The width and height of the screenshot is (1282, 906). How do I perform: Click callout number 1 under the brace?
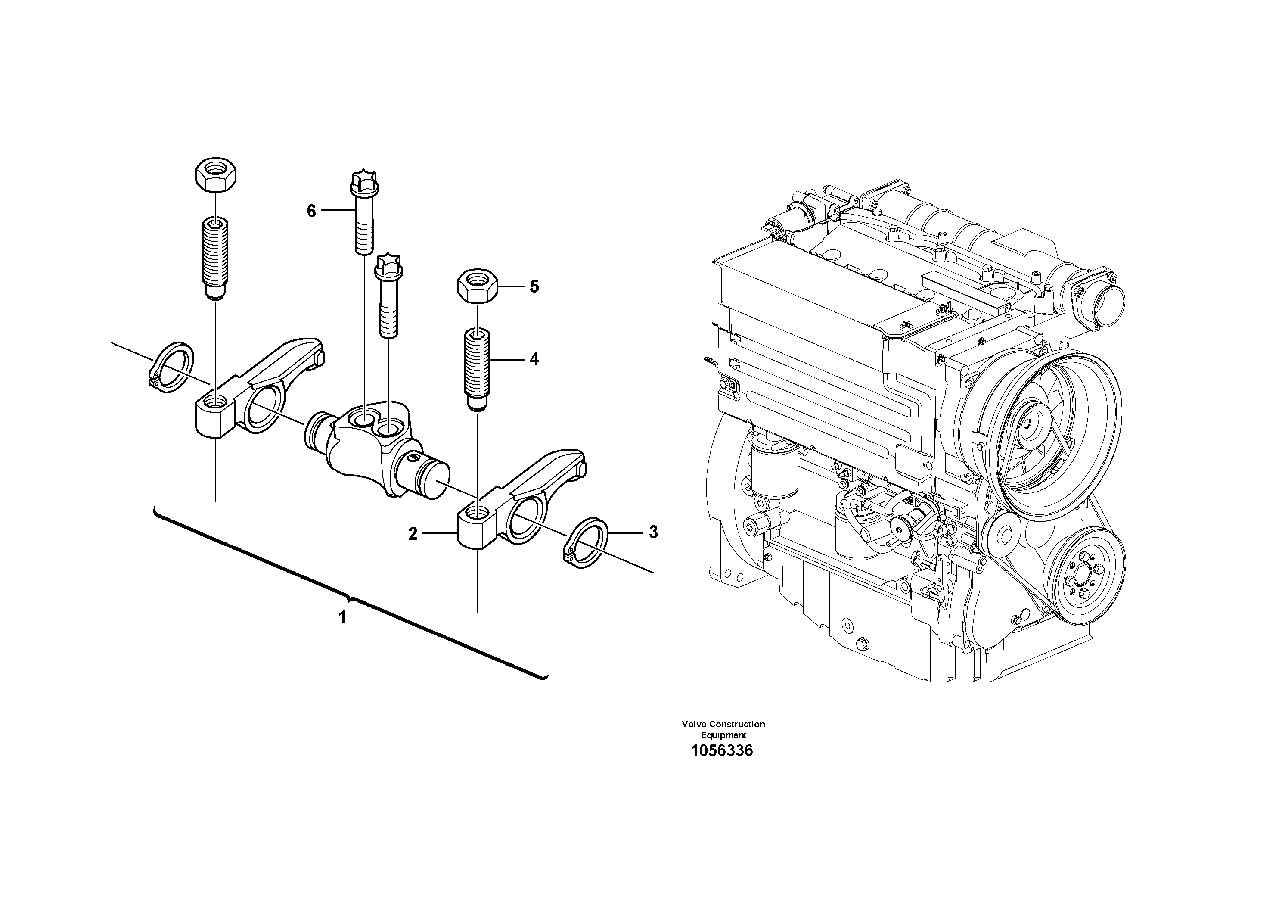point(343,617)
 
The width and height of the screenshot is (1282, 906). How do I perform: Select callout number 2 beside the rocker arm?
point(413,534)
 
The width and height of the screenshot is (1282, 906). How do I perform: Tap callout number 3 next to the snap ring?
point(653,532)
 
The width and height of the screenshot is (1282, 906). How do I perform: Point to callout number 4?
point(534,359)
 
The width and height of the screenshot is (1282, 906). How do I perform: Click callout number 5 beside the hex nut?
point(534,286)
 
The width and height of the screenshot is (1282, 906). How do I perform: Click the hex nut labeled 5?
point(478,286)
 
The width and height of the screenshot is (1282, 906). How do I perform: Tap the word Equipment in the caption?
point(723,735)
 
